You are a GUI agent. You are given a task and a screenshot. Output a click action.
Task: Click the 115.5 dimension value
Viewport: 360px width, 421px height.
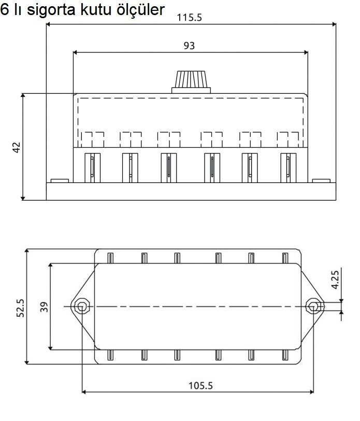(189, 17)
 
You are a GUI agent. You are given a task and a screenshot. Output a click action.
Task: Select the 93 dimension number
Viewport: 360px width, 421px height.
(189, 46)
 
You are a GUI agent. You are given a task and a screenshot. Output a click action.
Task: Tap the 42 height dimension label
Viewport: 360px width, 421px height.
(17, 147)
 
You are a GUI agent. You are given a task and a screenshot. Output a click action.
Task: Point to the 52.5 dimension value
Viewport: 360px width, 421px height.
(20, 307)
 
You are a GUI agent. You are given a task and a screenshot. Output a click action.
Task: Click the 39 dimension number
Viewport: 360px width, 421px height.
(44, 306)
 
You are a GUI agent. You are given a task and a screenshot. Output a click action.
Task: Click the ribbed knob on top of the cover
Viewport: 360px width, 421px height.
(192, 80)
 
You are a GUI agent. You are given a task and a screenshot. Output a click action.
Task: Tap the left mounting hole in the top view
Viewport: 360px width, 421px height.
(81, 306)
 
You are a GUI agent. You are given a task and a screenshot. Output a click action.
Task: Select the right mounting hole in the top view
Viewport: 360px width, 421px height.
(312, 306)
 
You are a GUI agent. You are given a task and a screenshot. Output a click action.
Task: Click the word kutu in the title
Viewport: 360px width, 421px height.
(98, 10)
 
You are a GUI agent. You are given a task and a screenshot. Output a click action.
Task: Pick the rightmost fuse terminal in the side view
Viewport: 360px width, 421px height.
(286, 166)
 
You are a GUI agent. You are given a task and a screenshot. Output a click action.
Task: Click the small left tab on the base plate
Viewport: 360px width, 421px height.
(60, 181)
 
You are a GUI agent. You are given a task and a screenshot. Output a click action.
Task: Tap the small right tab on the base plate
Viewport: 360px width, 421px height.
(321, 181)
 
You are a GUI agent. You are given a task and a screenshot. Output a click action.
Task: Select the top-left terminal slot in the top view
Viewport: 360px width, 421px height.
(110, 258)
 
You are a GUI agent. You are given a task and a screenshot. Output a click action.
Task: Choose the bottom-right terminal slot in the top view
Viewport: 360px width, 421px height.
(284, 355)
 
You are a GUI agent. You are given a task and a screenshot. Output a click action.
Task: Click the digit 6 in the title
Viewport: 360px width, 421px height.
(5, 10)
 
